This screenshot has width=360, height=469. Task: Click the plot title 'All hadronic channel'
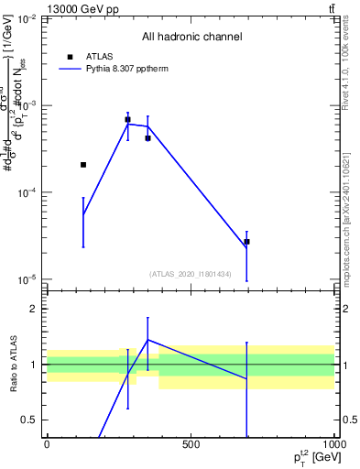pyautogui.click(x=191, y=37)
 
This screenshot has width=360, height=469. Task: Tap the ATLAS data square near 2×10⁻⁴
pyautogui.click(x=83, y=165)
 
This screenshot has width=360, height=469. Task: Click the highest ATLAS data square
pyautogui.click(x=127, y=119)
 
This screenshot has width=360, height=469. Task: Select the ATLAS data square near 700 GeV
pyautogui.click(x=246, y=242)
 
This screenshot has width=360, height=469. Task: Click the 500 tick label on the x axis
pyautogui.click(x=191, y=445)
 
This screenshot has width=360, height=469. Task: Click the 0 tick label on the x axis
pyautogui.click(x=47, y=445)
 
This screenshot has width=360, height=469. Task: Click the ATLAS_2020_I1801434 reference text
pyautogui.click(x=191, y=274)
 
